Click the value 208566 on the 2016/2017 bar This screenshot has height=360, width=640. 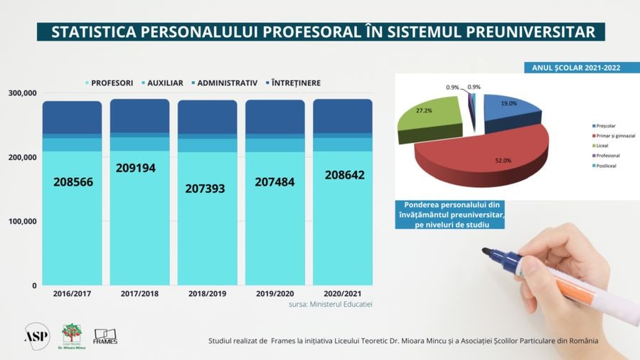click(x=73, y=182)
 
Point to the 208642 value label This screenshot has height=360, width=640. click(x=343, y=175)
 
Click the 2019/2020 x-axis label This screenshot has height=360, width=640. click(x=274, y=293)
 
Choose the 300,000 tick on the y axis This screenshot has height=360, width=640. click(x=23, y=93)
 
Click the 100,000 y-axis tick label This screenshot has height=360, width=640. click(x=23, y=221)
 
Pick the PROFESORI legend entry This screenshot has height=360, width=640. click(x=110, y=83)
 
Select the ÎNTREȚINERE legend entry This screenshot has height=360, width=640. click(x=296, y=83)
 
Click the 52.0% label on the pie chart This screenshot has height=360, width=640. click(x=484, y=161)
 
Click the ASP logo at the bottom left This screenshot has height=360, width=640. click(x=37, y=335)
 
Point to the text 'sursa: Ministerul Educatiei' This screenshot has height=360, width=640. click(x=331, y=305)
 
